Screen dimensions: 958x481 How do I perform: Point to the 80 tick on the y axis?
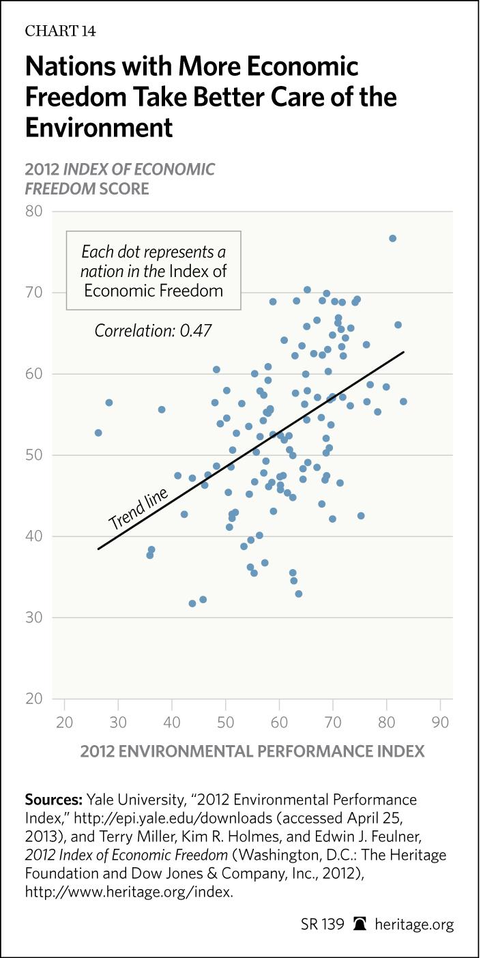[33, 212]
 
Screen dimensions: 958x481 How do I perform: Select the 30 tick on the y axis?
[33, 618]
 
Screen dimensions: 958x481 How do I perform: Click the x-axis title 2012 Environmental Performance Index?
[252, 751]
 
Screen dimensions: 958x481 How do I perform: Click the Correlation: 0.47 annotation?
[153, 331]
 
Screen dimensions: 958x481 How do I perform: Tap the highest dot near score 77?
[392, 238]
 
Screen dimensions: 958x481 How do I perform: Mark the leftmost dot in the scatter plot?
[98, 433]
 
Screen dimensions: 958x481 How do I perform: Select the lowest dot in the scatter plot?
[192, 603]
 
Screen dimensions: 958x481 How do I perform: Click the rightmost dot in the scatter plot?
[403, 401]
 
